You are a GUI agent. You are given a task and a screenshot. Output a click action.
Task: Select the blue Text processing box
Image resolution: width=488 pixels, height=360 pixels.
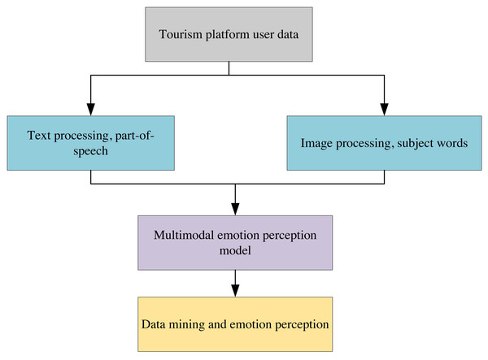[89, 142]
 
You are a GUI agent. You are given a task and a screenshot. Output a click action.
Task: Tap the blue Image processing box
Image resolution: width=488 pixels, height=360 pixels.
[382, 142]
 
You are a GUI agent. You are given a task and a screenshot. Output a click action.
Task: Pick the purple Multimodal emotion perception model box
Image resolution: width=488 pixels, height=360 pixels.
[234, 242]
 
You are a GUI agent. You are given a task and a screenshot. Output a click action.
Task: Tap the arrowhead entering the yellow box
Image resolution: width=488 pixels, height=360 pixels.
[234, 291]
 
